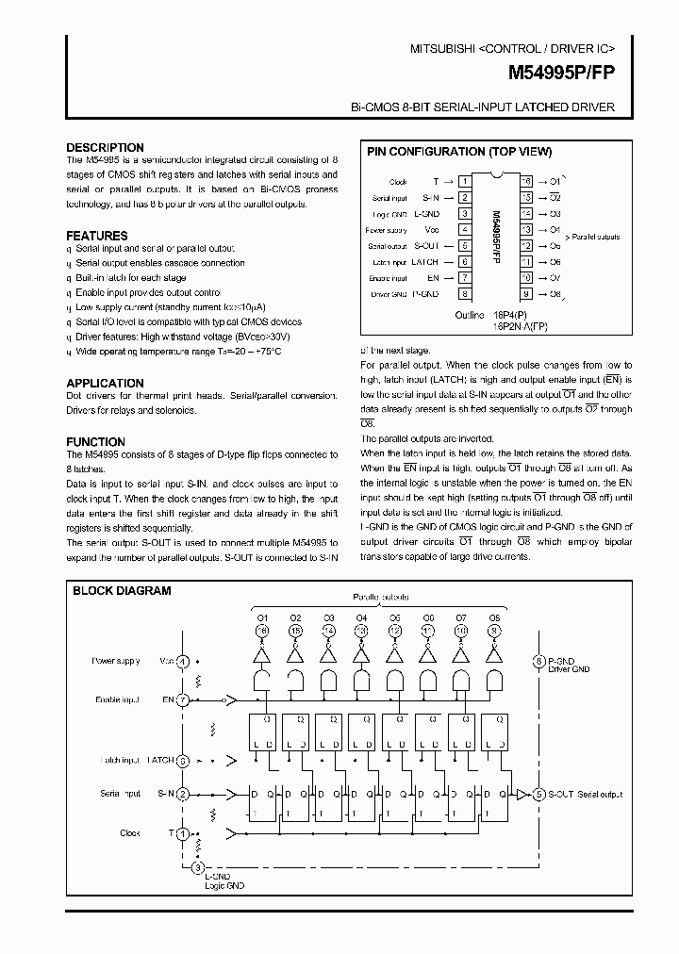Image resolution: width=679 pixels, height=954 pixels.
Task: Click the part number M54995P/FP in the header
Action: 561,71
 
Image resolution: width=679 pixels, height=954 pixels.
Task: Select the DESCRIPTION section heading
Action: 105,148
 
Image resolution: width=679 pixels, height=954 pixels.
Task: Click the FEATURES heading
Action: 97,236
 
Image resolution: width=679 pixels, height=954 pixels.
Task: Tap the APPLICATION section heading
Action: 105,383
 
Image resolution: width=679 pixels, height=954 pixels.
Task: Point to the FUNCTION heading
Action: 95,441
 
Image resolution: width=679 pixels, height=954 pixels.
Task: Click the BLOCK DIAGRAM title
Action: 123,591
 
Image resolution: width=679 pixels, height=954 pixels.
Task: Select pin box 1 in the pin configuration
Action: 464,180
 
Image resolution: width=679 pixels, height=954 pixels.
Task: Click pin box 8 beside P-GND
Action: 464,294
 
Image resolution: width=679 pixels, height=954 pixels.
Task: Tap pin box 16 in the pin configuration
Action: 526,180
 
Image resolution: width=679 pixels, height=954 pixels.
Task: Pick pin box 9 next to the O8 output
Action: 526,294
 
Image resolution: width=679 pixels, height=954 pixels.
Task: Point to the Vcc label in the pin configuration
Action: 431,229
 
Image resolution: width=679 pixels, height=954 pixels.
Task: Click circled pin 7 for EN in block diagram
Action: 184,700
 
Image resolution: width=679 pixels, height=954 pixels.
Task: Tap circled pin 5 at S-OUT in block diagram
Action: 538,795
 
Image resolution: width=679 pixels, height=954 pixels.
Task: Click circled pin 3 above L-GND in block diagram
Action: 197,867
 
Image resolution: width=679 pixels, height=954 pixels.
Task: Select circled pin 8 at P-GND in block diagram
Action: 538,662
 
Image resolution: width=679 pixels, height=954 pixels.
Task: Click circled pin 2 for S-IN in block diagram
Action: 182,795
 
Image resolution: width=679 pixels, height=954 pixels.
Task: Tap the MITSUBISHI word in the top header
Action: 444,47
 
